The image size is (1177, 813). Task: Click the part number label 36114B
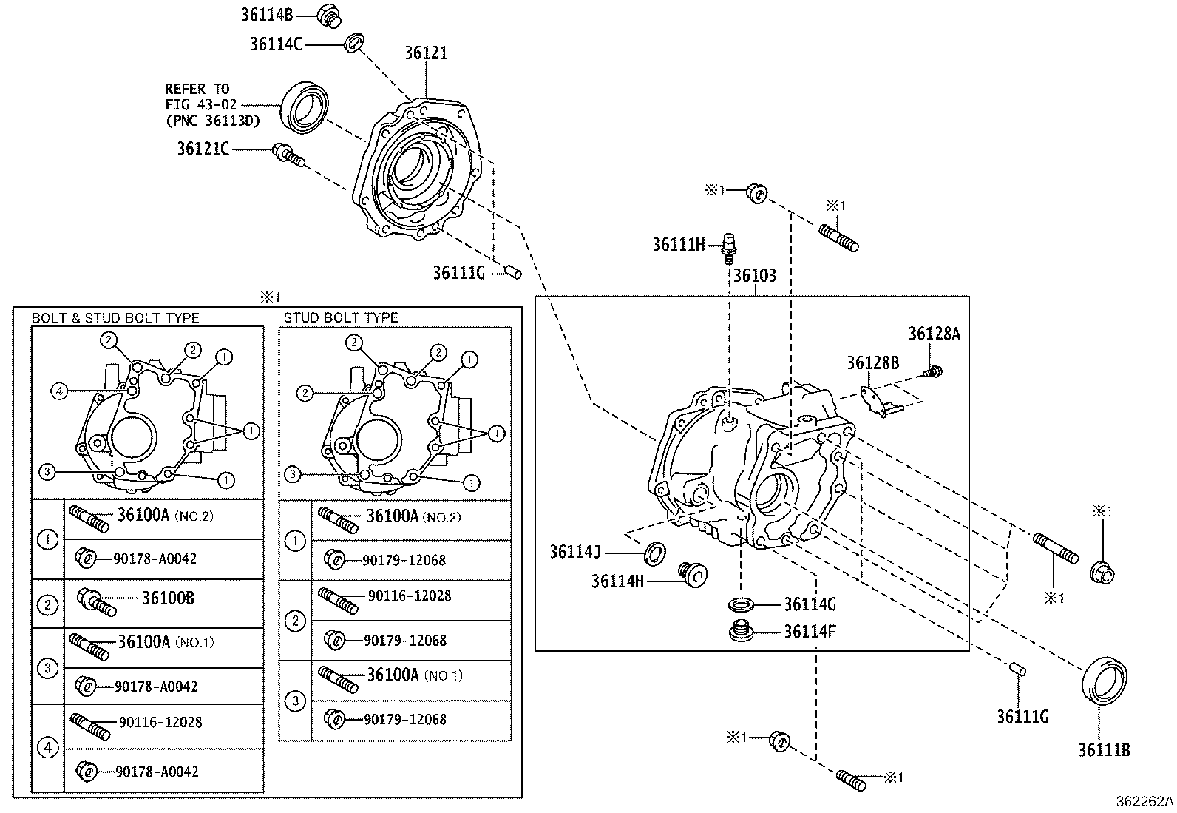pos(267,13)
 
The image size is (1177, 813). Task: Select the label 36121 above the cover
pos(426,53)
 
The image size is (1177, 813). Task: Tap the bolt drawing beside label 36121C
pos(288,155)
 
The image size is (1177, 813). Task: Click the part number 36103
pos(754,276)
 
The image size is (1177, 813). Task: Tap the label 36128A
pos(934,334)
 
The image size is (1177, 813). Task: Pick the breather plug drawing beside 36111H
pos(729,246)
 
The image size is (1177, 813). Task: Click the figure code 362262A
pos(1144,801)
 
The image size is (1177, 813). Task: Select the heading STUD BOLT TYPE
pos(341,317)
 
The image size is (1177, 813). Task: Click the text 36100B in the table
pos(168,598)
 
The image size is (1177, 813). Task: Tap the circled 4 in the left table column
pos(47,747)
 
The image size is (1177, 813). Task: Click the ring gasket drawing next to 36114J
pos(654,551)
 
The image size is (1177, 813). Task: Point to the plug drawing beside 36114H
pos(693,574)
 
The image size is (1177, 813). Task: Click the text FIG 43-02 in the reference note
pos(200,105)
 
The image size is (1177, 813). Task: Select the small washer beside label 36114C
pos(354,43)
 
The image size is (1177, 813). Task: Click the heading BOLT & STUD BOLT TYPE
pos(115,318)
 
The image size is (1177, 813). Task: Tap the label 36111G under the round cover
pos(458,273)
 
